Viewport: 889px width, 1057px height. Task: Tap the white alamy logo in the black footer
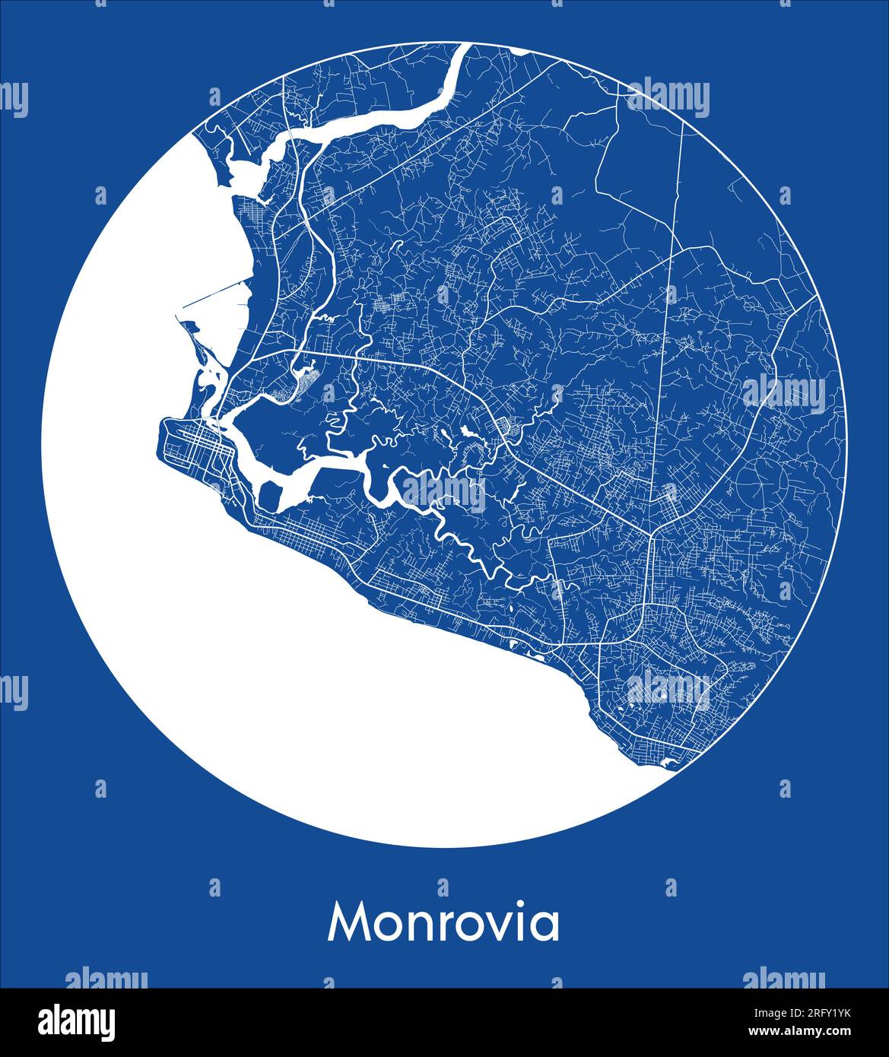tap(77, 1021)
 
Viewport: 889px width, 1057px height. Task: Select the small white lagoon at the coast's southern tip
tap(669, 763)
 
